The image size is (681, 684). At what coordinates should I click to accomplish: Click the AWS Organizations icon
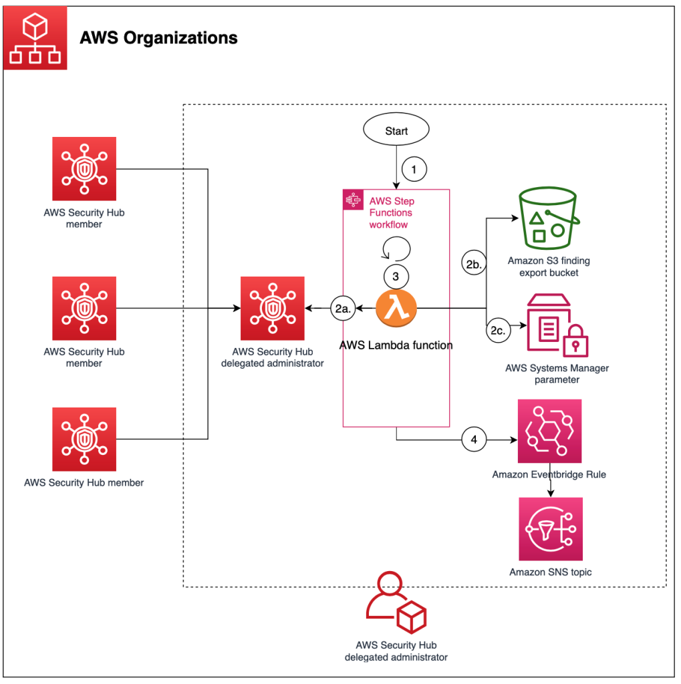[x=35, y=37]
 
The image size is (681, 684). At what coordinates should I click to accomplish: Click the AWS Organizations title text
[x=158, y=37]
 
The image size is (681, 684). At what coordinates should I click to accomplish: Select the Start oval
[x=396, y=131]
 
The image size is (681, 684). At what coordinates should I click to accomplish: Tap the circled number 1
[x=414, y=170]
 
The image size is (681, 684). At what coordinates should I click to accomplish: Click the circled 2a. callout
[x=342, y=309]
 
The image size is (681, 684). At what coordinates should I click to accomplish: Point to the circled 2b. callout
[x=473, y=265]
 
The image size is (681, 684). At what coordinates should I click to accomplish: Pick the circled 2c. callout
[x=498, y=329]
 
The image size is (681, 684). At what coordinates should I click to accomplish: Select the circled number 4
[x=474, y=440]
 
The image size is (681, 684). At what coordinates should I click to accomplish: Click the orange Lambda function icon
[x=396, y=309]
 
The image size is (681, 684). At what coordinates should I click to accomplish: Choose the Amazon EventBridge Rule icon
[x=550, y=431]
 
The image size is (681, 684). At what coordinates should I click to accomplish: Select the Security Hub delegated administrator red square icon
[x=273, y=309]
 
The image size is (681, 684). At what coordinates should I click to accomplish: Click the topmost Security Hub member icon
[x=84, y=168]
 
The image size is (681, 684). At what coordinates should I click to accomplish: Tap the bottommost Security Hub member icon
[x=84, y=439]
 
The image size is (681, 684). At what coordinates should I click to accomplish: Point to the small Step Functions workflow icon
[x=352, y=200]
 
